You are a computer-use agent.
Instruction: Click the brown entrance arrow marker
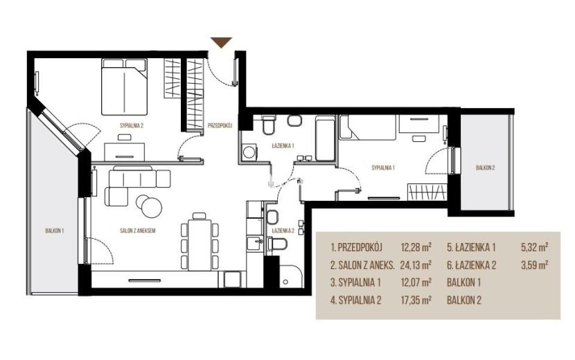[x=222, y=42]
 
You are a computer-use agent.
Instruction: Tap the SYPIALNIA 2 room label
[x=132, y=125]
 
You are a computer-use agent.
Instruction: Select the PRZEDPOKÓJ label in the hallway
[x=220, y=125]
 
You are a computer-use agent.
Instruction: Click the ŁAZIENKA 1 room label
[x=283, y=145]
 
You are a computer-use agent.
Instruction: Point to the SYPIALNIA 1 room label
[x=383, y=168]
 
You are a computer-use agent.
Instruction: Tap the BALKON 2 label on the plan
[x=485, y=168]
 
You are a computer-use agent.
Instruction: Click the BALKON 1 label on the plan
[x=55, y=231]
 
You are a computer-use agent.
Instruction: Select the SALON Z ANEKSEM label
[x=138, y=231]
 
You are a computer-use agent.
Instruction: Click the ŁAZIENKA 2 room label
[x=283, y=231]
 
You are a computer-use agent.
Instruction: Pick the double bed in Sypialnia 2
[x=124, y=87]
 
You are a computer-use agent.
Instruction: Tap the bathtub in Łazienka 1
[x=325, y=138]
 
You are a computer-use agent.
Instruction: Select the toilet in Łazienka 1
[x=269, y=125]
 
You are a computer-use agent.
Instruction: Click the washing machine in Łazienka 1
[x=250, y=152]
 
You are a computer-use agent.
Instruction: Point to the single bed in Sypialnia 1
[x=367, y=127]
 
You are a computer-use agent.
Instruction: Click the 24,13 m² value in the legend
[x=416, y=265]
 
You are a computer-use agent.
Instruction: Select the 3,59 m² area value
[x=534, y=265]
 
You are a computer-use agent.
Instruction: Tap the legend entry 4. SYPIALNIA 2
[x=355, y=300]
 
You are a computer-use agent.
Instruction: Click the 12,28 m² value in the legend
[x=416, y=247]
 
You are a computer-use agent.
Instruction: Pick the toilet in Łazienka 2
[x=277, y=243]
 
